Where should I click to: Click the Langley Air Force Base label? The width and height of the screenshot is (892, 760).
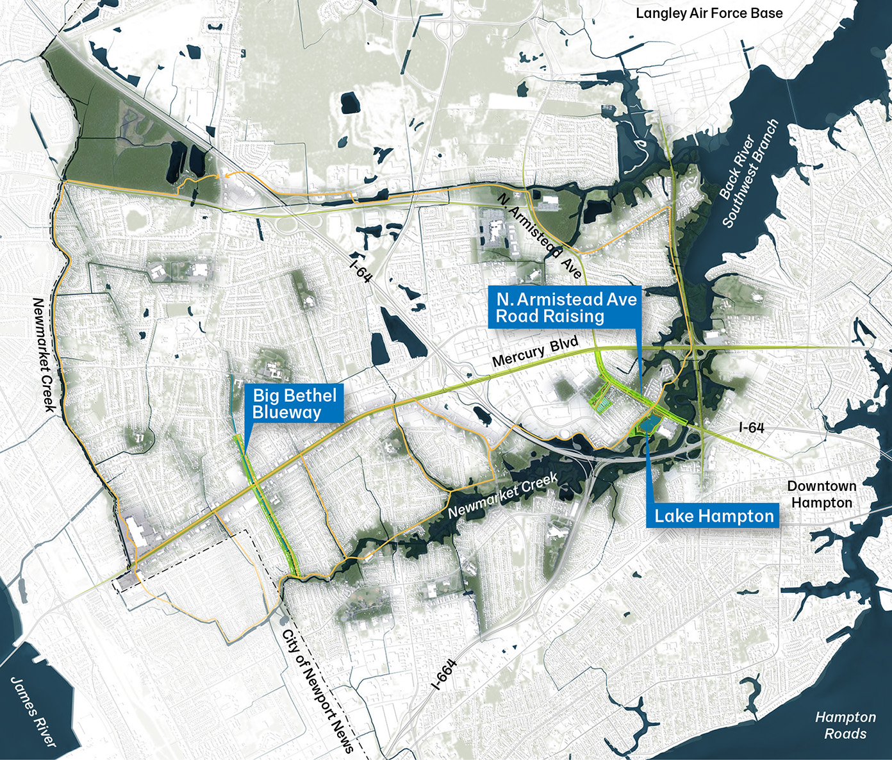tap(709, 13)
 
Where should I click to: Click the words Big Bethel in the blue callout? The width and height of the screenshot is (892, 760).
tap(294, 395)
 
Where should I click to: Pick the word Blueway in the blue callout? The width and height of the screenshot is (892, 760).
tap(286, 412)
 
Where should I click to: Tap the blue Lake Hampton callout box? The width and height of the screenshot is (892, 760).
tap(713, 516)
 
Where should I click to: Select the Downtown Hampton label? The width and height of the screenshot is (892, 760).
tap(822, 494)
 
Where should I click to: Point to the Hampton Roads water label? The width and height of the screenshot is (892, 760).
tap(845, 725)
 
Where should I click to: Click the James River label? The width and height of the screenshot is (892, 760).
tap(34, 711)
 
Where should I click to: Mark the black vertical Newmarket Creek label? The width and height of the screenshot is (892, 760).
tap(45, 354)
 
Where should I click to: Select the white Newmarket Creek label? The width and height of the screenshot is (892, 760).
tap(503, 495)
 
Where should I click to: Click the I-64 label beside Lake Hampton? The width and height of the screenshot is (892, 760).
tap(751, 427)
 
